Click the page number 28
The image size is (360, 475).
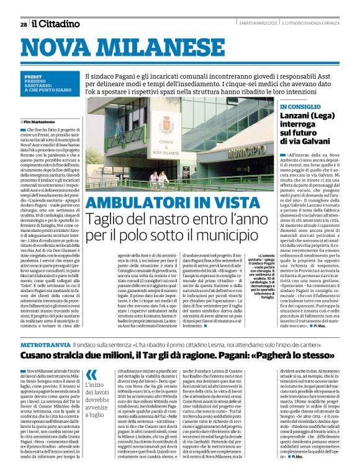tap(24, 24)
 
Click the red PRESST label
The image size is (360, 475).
tap(34, 76)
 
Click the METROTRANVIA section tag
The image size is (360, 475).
tap(45, 344)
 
